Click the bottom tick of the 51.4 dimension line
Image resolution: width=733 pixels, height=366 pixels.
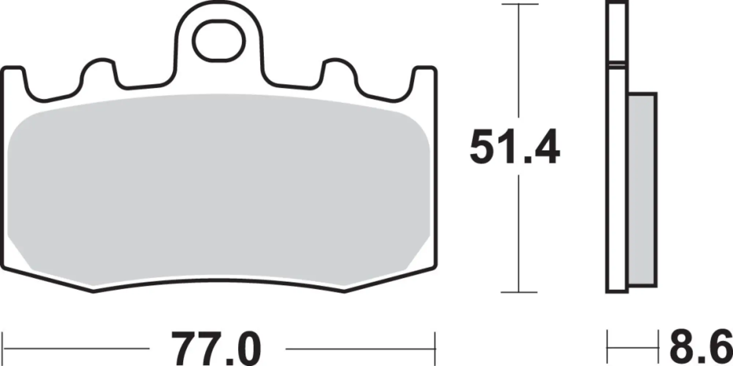pos(519,292)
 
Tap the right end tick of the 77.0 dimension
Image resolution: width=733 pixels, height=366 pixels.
pos(435,349)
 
